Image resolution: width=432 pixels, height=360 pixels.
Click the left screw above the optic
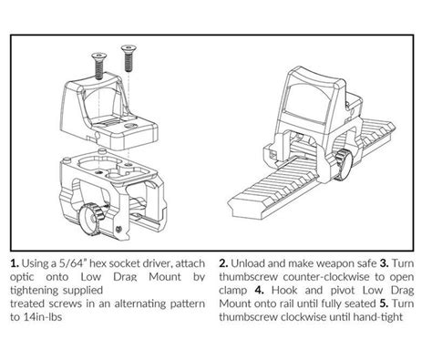click(x=99, y=66)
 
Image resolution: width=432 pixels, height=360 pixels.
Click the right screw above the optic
click(x=129, y=58)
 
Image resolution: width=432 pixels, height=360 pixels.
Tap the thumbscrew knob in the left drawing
click(x=91, y=220)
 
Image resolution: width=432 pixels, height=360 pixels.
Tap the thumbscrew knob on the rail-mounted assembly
click(x=344, y=163)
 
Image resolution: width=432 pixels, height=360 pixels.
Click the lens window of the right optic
click(x=309, y=103)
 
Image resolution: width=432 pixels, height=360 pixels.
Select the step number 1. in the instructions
click(x=15, y=263)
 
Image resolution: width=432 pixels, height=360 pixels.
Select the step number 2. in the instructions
click(x=223, y=263)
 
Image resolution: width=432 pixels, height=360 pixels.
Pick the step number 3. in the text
click(x=384, y=263)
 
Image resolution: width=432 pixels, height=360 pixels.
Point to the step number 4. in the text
click(x=259, y=290)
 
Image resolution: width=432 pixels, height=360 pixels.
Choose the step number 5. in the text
click(x=384, y=303)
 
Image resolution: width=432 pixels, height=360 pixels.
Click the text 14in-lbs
click(x=42, y=317)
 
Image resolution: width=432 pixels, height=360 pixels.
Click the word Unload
click(x=248, y=263)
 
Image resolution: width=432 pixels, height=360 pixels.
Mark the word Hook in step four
click(x=284, y=290)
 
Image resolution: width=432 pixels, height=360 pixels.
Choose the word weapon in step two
click(x=333, y=263)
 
